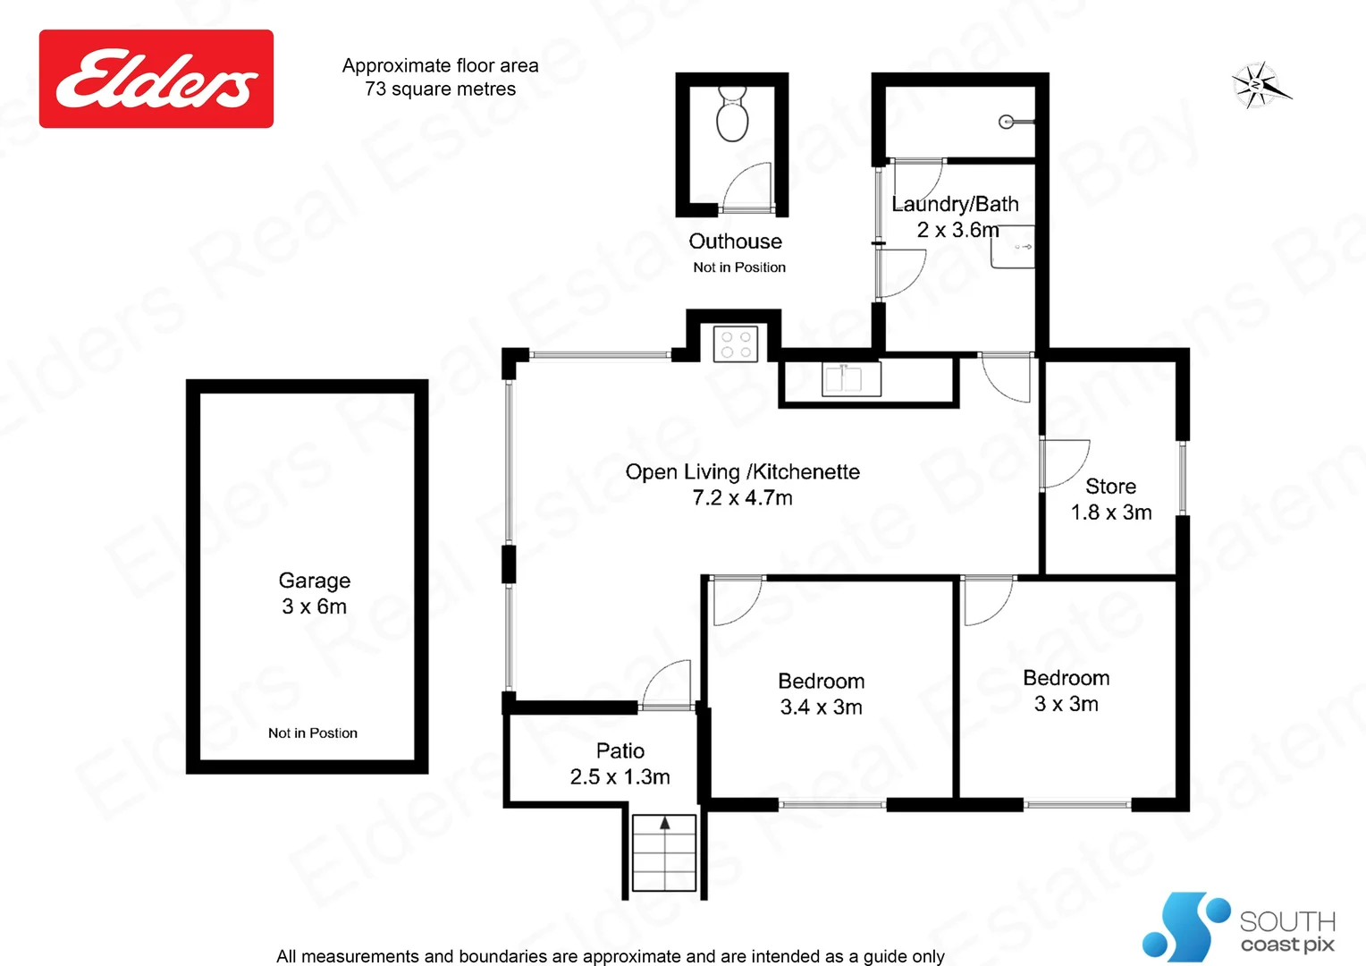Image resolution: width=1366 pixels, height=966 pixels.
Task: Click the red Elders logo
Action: tap(156, 79)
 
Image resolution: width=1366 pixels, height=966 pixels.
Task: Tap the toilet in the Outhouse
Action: tap(732, 115)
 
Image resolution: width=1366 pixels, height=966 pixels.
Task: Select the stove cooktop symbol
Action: tap(736, 344)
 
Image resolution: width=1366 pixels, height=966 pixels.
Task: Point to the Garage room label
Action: tap(314, 580)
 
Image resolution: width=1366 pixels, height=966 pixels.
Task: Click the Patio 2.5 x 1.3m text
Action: tap(620, 764)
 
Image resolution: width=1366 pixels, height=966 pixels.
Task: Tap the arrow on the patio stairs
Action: tap(664, 824)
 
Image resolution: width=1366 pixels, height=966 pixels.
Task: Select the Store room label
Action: tap(1110, 487)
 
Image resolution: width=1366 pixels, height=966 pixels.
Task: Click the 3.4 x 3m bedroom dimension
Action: tap(821, 708)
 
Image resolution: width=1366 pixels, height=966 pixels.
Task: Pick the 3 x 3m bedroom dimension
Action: tap(1066, 704)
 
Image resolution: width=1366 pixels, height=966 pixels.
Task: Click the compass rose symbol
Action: tap(1258, 86)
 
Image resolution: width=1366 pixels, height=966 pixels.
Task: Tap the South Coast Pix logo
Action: tap(1238, 927)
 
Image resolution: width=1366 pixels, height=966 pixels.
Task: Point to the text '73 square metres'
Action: tap(440, 89)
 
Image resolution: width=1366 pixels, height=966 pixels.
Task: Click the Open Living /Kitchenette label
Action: tap(742, 472)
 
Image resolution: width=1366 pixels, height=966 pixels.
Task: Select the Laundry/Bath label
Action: tap(955, 205)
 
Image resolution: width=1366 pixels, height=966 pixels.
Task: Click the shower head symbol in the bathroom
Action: tap(1008, 122)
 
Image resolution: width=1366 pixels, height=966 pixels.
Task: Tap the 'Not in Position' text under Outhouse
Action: tap(739, 267)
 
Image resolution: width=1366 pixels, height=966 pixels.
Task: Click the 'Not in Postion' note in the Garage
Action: tap(313, 733)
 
